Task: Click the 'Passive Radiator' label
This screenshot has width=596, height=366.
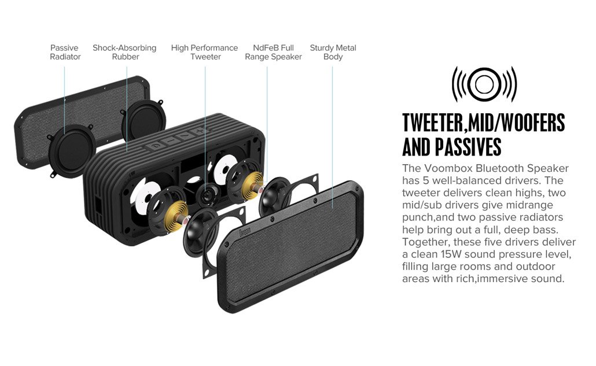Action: click(x=65, y=53)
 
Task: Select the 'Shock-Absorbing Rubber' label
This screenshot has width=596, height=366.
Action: click(x=124, y=53)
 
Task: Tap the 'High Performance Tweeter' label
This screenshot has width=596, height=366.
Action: click(x=204, y=53)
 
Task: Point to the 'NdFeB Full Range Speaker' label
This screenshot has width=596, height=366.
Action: click(x=273, y=53)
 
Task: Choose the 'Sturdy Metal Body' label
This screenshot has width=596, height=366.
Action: click(x=333, y=53)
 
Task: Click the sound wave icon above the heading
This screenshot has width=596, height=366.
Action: click(x=484, y=84)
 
